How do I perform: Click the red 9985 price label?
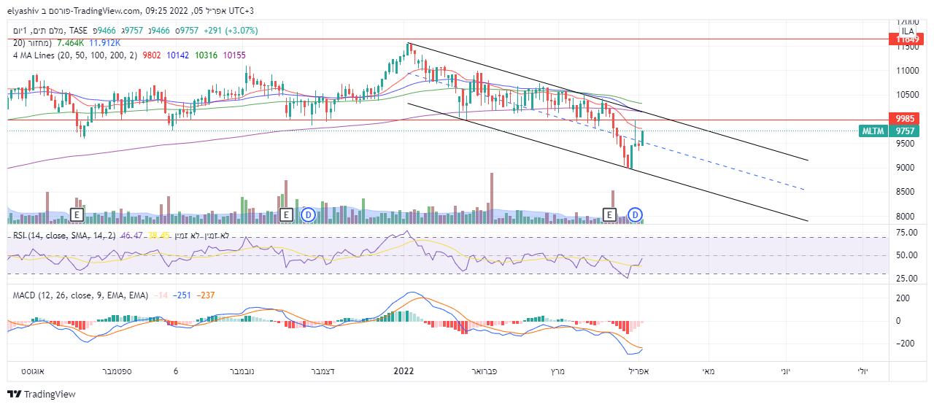coord(905,118)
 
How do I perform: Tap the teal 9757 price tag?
coord(905,131)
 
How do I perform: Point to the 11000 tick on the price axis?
coord(907,71)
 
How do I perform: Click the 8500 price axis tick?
coord(907,192)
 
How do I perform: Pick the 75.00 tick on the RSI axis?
coord(906,233)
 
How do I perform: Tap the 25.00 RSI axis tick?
coord(906,279)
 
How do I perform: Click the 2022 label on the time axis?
coord(403,371)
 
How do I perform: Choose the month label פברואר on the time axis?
coord(480,371)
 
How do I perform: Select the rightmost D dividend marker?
coord(636,214)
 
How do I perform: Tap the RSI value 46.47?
coord(131,236)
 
